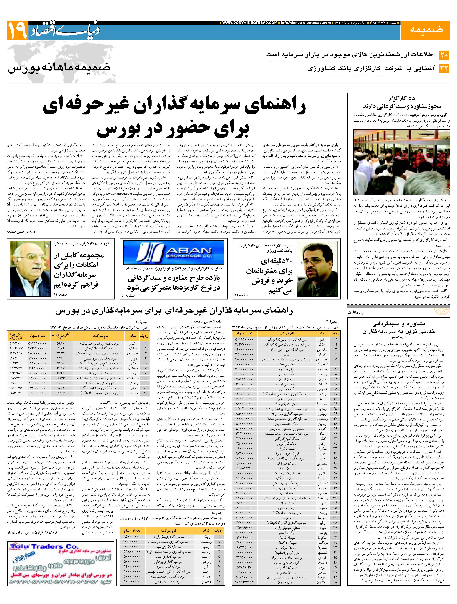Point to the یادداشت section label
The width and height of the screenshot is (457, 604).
356,312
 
